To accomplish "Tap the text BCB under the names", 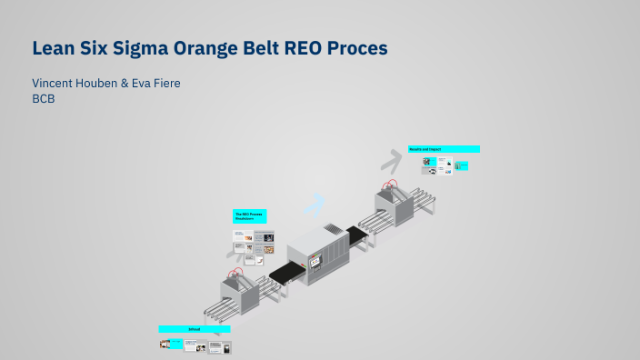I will point(44,99).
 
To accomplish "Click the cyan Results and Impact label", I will point(443,148).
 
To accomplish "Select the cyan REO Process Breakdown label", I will point(250,216).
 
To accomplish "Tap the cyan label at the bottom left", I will point(194,328).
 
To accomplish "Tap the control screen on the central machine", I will point(316,263).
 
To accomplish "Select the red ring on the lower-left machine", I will point(237,271).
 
